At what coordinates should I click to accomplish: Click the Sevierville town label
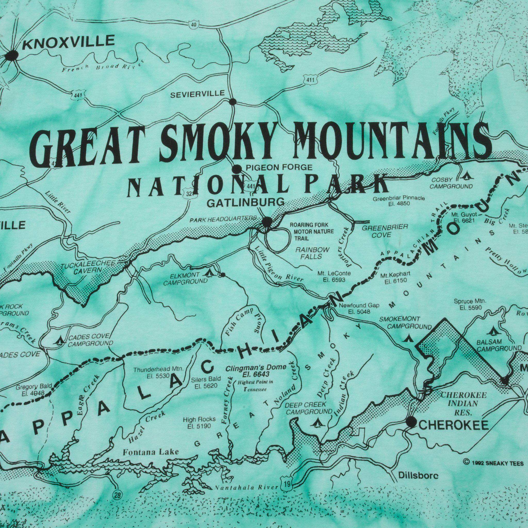[197, 94]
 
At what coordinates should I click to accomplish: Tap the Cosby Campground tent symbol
[465, 176]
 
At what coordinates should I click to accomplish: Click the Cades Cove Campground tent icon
[60, 341]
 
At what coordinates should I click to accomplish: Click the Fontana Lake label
[151, 452]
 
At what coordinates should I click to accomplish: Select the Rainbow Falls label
[311, 253]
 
